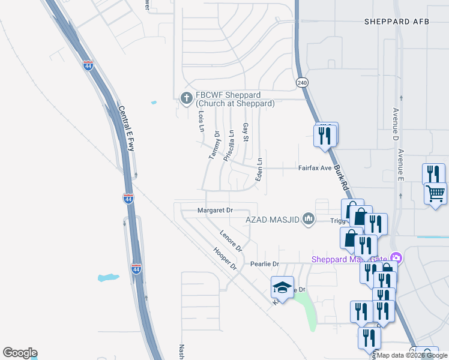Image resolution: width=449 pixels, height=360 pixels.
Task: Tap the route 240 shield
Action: pyautogui.click(x=302, y=83)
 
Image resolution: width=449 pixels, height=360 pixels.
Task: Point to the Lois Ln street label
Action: pyautogui.click(x=201, y=121)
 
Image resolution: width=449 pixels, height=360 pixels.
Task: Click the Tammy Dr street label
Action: pyautogui.click(x=214, y=146)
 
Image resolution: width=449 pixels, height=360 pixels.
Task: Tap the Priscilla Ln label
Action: pyautogui.click(x=228, y=145)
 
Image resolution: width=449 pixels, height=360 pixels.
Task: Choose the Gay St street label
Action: pyautogui.click(x=245, y=133)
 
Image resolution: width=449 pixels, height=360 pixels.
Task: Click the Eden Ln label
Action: pyautogui.click(x=260, y=170)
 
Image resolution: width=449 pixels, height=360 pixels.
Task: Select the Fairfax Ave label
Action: pyautogui.click(x=315, y=169)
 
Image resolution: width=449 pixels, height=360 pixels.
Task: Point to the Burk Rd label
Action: pyautogui.click(x=341, y=174)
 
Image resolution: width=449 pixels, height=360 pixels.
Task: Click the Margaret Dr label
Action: pyautogui.click(x=215, y=211)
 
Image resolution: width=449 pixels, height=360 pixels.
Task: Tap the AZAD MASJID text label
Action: pyautogui.click(x=273, y=220)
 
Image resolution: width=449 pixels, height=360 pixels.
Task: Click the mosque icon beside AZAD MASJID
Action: pyautogui.click(x=309, y=219)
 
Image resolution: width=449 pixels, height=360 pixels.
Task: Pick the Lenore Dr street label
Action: pyautogui.click(x=231, y=241)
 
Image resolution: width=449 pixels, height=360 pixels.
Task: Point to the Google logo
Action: pyautogui.click(x=20, y=353)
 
